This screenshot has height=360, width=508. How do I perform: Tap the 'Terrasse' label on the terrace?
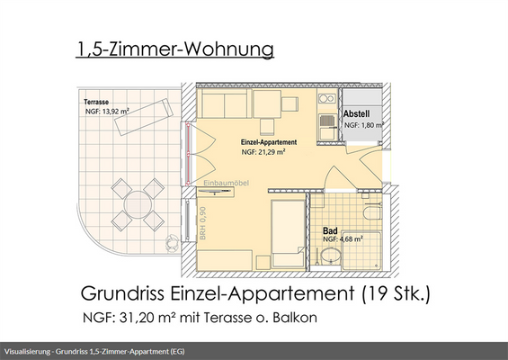tap(99, 103)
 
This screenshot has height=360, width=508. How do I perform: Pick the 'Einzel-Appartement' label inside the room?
tap(269, 143)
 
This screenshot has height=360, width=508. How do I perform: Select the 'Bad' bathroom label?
tap(331, 230)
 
